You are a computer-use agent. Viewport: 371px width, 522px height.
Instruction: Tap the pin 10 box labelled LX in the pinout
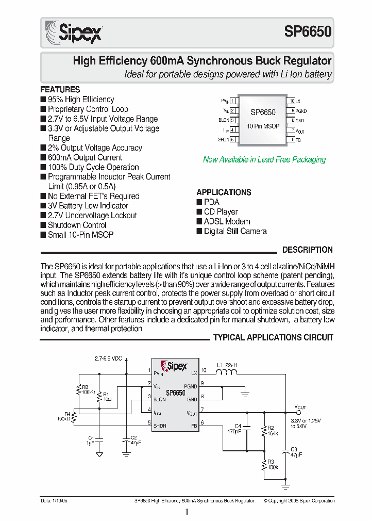click(x=292, y=102)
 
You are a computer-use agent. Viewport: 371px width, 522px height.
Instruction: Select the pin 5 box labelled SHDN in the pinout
click(x=232, y=139)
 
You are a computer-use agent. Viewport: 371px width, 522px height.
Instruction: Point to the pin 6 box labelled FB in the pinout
click(x=292, y=139)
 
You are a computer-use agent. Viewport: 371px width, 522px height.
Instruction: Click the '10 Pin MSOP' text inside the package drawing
click(x=263, y=126)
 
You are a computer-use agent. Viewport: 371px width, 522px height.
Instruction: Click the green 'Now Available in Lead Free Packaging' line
click(x=264, y=159)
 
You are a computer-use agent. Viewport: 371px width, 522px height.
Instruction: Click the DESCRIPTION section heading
click(x=307, y=250)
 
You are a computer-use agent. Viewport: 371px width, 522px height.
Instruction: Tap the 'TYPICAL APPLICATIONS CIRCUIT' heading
click(x=273, y=337)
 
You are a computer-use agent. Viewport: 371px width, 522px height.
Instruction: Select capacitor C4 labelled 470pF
click(x=246, y=428)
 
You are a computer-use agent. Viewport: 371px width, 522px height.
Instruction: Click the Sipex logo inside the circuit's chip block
click(x=174, y=366)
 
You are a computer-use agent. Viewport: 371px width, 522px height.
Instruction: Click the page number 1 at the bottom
click(x=186, y=512)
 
